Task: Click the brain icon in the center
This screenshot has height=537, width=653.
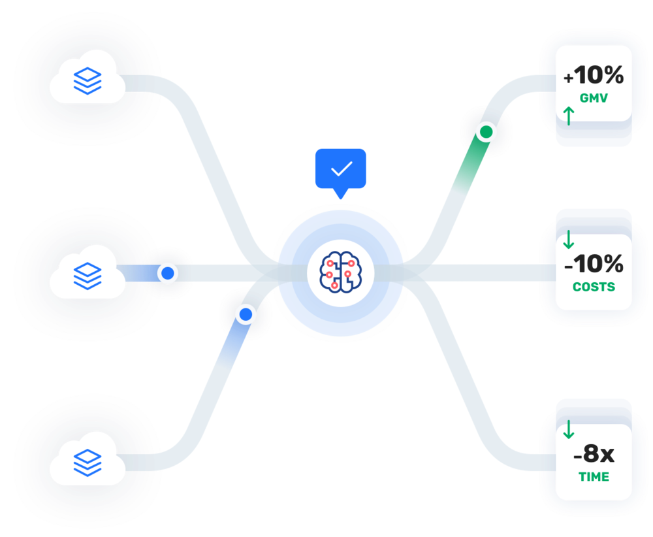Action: click(x=340, y=270)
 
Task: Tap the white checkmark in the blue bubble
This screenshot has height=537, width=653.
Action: click(x=341, y=169)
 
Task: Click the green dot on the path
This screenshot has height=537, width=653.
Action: click(x=485, y=133)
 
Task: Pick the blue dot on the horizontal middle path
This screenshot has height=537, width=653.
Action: click(x=168, y=272)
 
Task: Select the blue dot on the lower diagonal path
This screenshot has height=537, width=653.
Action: click(x=246, y=315)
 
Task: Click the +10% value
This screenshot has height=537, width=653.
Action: click(x=594, y=76)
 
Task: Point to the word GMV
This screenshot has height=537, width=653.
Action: click(x=594, y=99)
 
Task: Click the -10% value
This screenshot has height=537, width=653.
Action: click(x=594, y=264)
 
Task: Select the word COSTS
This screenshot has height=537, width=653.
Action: click(x=594, y=287)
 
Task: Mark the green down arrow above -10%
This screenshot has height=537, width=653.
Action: click(x=568, y=239)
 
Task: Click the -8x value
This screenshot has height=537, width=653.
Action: click(x=594, y=453)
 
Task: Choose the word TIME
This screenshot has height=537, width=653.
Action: click(x=594, y=477)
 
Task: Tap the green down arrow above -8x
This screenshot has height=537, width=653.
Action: click(x=568, y=429)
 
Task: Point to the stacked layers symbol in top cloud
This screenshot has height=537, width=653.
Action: click(x=86, y=80)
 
